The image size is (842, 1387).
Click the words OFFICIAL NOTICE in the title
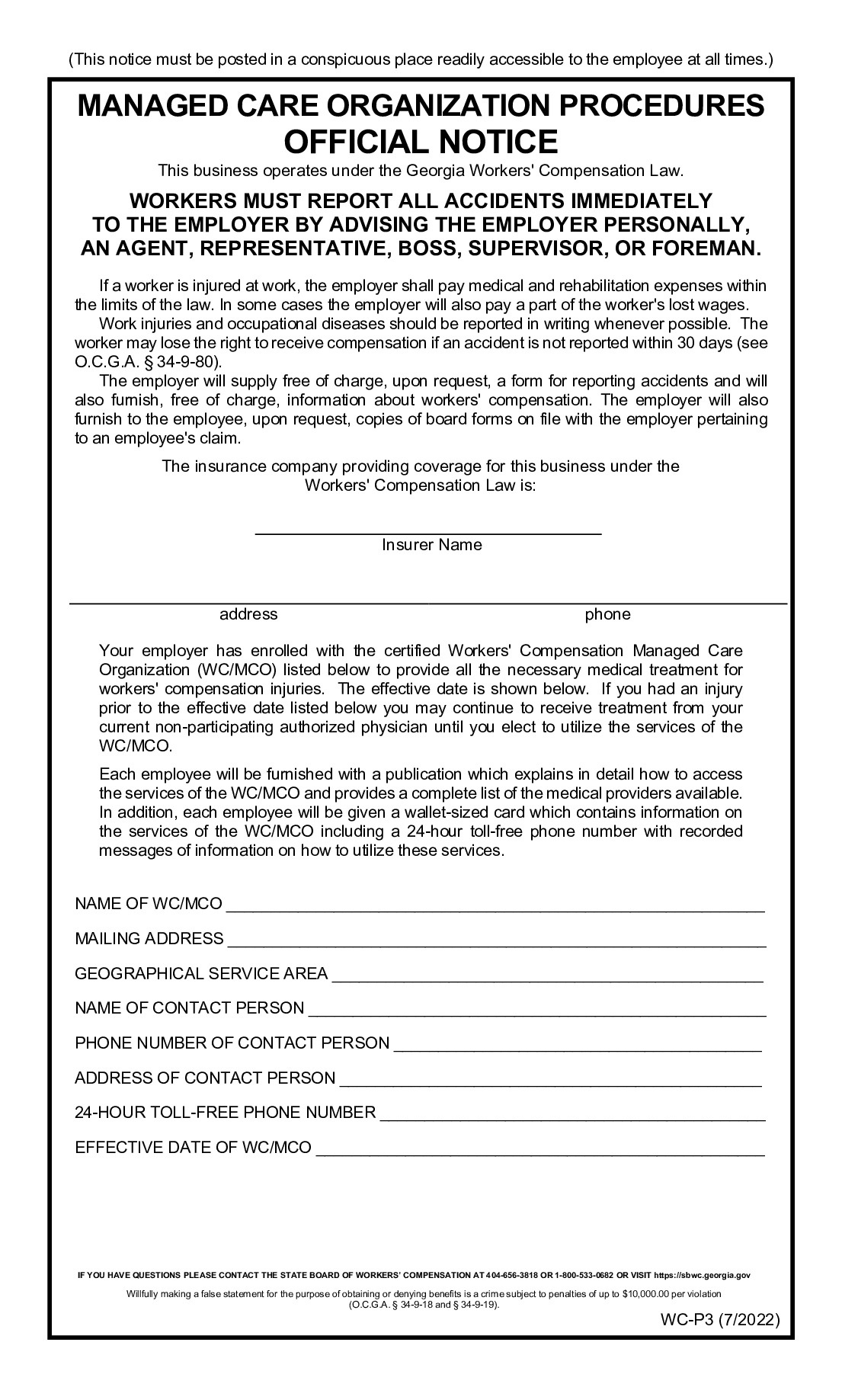point(421,143)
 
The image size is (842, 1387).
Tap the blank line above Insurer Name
point(428,531)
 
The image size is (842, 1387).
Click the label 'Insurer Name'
point(431,545)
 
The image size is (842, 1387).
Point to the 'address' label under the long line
point(248,614)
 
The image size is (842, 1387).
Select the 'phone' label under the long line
point(607,614)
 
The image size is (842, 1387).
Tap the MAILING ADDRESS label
point(149,939)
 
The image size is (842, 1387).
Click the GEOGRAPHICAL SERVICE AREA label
point(201,974)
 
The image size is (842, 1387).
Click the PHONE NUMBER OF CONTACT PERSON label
point(232,1043)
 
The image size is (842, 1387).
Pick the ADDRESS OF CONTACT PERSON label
point(205,1078)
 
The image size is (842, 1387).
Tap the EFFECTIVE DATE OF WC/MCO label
point(194,1148)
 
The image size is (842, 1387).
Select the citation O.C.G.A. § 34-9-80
point(145,362)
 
